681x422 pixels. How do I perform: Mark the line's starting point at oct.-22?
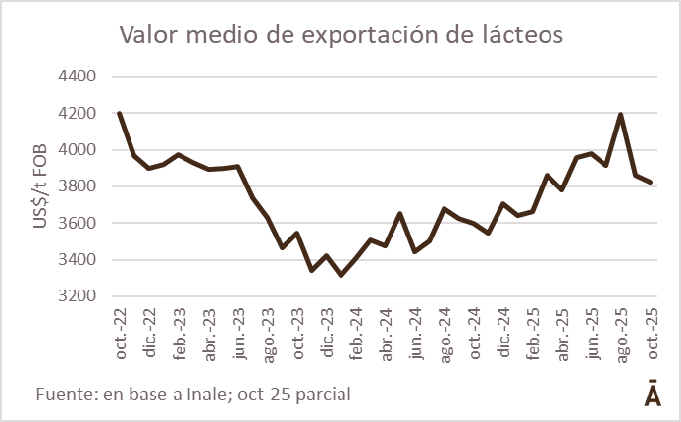pyautogui.click(x=120, y=114)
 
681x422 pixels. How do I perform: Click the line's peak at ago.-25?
pyautogui.click(x=621, y=115)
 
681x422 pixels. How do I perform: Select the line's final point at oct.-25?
pyautogui.click(x=650, y=182)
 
